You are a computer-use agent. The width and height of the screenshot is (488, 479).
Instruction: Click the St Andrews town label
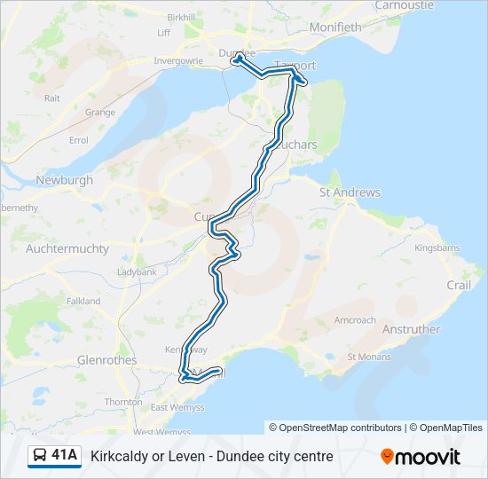[x=350, y=192]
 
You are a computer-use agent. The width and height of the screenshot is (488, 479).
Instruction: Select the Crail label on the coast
[x=459, y=285]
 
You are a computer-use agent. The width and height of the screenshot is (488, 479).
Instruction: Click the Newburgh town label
[x=64, y=180]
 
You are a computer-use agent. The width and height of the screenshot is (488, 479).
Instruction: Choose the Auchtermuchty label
[x=67, y=249]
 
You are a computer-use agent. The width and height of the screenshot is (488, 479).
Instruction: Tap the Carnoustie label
[x=404, y=5]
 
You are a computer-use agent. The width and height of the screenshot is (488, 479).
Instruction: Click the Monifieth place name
[x=335, y=27]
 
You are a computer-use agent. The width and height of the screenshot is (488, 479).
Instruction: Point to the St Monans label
[x=369, y=357]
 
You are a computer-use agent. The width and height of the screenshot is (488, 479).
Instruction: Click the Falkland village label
[x=83, y=302]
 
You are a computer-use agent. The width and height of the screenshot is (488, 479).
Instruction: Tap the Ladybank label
[x=137, y=271]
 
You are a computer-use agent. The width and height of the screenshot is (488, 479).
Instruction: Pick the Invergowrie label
[x=178, y=61]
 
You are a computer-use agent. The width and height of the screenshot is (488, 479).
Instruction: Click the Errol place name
[x=79, y=140]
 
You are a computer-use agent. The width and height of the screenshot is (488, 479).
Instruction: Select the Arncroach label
[x=355, y=320]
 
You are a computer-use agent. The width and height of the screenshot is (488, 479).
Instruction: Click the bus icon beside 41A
[x=40, y=456]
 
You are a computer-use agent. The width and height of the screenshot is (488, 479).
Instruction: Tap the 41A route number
[x=64, y=456]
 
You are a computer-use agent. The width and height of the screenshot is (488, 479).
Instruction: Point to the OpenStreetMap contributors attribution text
[x=341, y=428]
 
